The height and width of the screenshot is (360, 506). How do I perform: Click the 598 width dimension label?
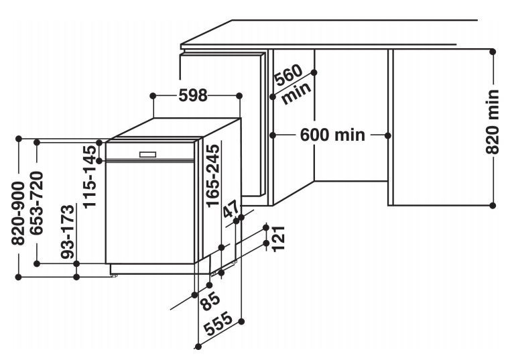193,96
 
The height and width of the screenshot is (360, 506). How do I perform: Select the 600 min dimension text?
332,135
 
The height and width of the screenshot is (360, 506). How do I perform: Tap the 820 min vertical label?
493,122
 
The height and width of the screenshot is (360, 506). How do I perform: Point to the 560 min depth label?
293,84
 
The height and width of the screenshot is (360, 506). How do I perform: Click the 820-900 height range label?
18,213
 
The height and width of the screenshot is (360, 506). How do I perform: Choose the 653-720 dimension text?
36,203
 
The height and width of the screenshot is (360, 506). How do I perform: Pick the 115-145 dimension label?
90,176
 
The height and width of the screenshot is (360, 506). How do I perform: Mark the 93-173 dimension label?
68,231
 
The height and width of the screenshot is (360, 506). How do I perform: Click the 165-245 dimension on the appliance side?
212,176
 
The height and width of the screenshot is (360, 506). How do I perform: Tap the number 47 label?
231,210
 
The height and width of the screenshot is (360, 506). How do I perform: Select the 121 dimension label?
279,239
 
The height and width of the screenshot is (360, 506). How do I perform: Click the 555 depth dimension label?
218,324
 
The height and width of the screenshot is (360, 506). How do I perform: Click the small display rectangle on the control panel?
148,155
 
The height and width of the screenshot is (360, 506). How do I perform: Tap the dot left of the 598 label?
153,96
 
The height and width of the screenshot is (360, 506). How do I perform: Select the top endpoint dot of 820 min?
493,52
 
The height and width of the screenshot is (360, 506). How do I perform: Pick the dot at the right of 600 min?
388,135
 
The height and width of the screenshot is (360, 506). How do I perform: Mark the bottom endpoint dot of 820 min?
493,205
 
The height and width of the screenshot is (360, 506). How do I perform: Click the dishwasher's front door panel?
150,213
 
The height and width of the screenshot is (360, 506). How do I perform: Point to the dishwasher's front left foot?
113,276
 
